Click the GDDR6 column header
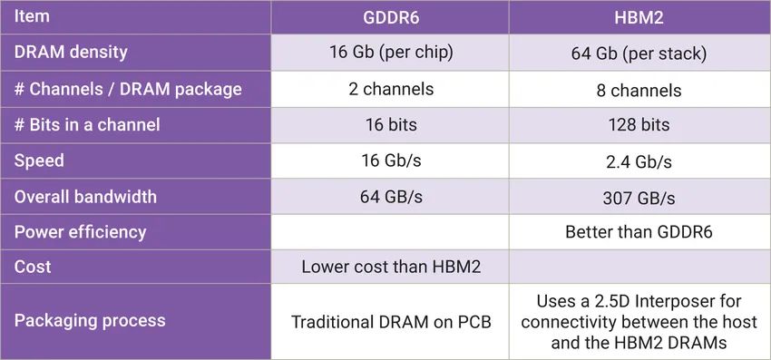[x=392, y=17]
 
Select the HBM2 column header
[x=639, y=17]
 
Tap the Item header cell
[x=33, y=16]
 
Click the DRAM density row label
[x=71, y=53]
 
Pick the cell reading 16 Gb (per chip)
[x=392, y=53]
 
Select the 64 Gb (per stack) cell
[x=639, y=54]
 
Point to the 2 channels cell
[x=392, y=89]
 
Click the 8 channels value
[x=639, y=90]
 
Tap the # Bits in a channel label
[x=87, y=125]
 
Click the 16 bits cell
[x=392, y=125]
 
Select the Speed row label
[x=39, y=161]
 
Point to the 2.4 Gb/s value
[x=639, y=161]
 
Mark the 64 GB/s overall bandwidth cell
[x=392, y=197]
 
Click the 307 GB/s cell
[x=639, y=198]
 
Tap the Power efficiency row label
[x=80, y=232]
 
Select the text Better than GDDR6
[x=639, y=232]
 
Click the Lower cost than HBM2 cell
[x=392, y=268]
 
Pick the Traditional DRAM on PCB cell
[x=392, y=321]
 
